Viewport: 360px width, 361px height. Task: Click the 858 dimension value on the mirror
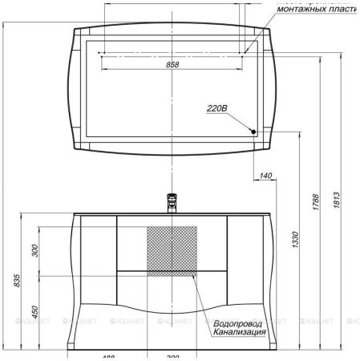pos(172,66)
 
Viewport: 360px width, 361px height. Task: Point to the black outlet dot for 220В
pos(253,132)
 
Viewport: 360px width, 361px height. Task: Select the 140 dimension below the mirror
pos(266,175)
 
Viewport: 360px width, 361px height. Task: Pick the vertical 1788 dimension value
pos(316,201)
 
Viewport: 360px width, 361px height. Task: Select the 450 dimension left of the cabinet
pos(34,310)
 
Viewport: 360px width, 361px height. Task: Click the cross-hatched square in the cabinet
pos(171,249)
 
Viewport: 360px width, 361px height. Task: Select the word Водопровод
pos(240,323)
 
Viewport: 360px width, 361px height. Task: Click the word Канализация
pos(240,332)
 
